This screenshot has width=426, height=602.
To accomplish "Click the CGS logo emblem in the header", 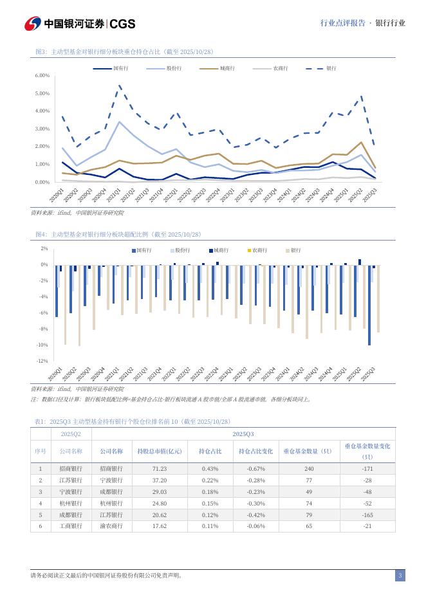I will [x=33, y=24].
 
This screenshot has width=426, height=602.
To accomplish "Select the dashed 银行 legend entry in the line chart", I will [x=331, y=68].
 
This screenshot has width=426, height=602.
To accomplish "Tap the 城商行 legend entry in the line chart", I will [x=227, y=68].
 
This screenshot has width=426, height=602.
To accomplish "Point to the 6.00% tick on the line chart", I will [x=42, y=76].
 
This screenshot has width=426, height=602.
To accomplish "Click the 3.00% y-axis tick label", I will [x=42, y=129].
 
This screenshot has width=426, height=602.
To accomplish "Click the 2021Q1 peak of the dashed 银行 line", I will [x=120, y=85].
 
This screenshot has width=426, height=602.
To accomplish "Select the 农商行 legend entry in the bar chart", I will [x=259, y=250].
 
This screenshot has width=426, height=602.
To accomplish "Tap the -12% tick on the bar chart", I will [x=44, y=361].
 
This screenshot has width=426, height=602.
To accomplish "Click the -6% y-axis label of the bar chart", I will [x=44, y=313].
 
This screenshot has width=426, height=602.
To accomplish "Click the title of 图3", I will [x=124, y=51].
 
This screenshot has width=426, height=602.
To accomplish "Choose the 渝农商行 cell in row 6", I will [x=111, y=526].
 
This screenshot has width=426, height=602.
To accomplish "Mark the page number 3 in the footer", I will [x=400, y=576].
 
